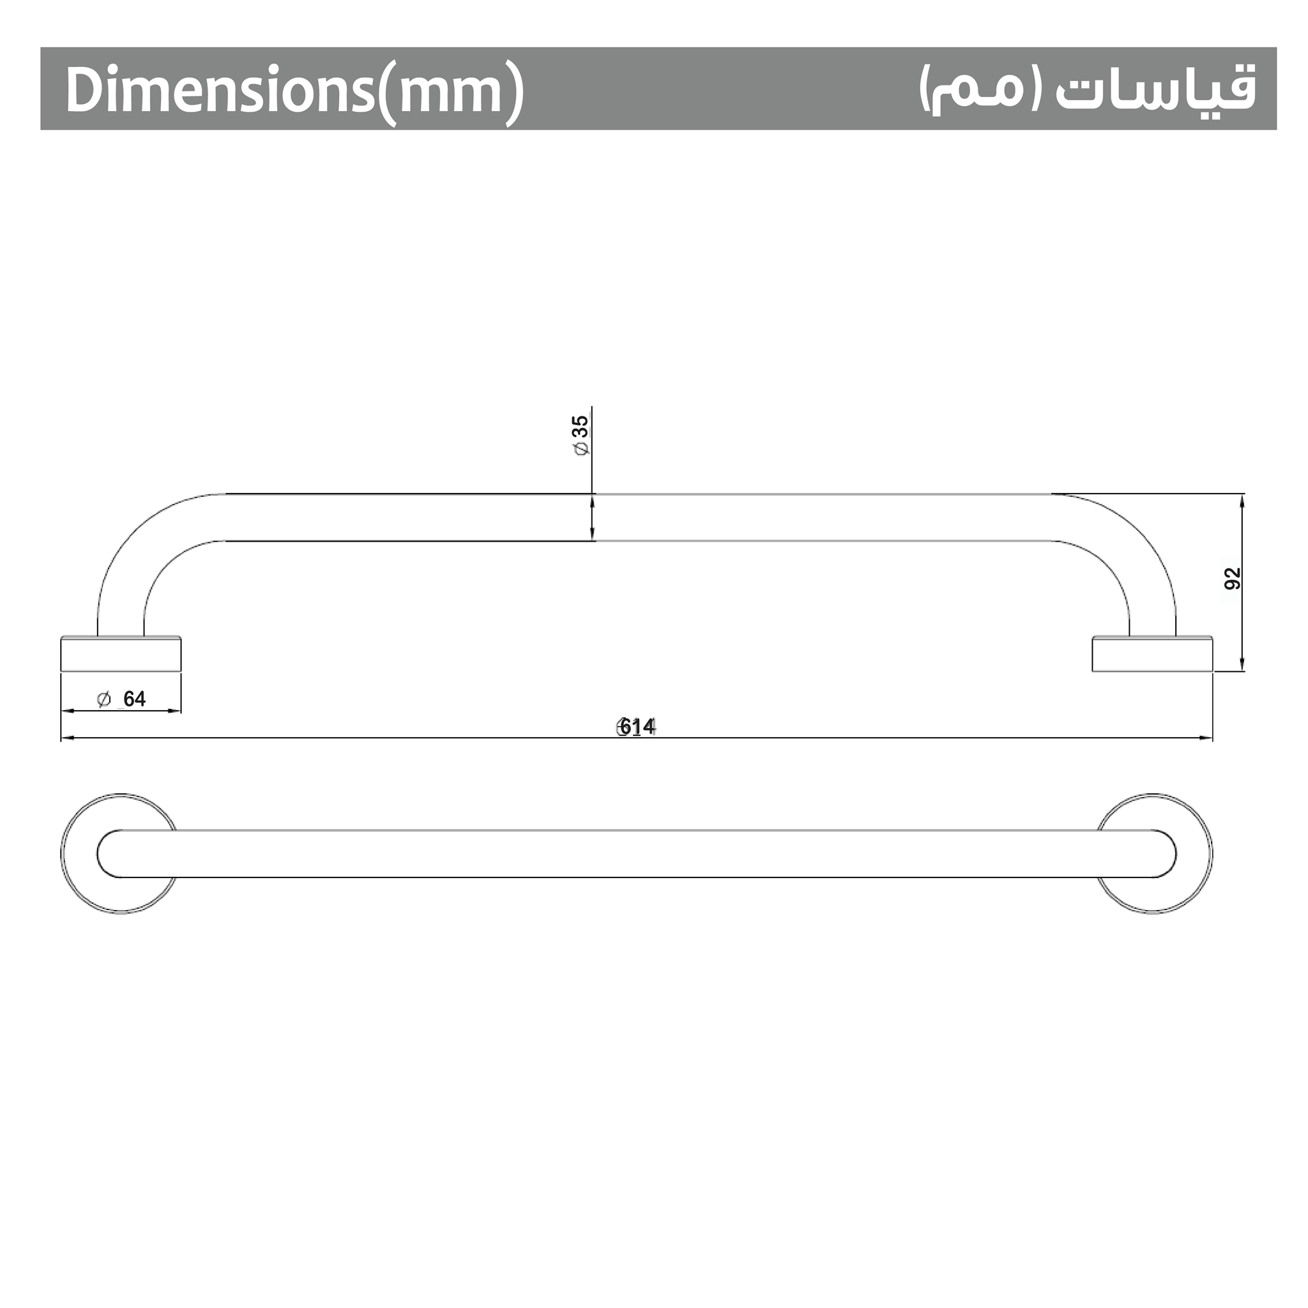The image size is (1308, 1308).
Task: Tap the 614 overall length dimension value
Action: [x=637, y=726]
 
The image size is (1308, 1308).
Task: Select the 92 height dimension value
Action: [x=1233, y=578]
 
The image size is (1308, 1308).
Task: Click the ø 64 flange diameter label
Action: [x=122, y=699]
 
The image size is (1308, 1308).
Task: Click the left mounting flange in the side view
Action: [x=121, y=654]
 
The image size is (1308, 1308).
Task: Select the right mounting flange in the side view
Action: [x=1152, y=654]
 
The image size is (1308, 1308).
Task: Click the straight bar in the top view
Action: [x=636, y=854]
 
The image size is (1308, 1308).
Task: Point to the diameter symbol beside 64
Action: [x=103, y=699]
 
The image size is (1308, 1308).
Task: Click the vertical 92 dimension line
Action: [x=1242, y=609]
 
